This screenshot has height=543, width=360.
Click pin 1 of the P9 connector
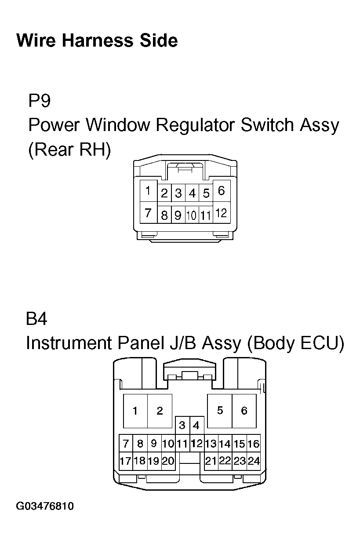click(149, 191)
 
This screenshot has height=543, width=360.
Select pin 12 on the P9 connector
click(222, 213)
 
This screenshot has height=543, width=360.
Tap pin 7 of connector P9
click(149, 213)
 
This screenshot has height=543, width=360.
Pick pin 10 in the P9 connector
click(192, 215)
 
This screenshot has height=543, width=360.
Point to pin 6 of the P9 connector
click(222, 191)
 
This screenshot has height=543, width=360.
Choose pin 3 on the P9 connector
click(178, 193)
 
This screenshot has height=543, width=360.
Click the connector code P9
click(39, 100)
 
